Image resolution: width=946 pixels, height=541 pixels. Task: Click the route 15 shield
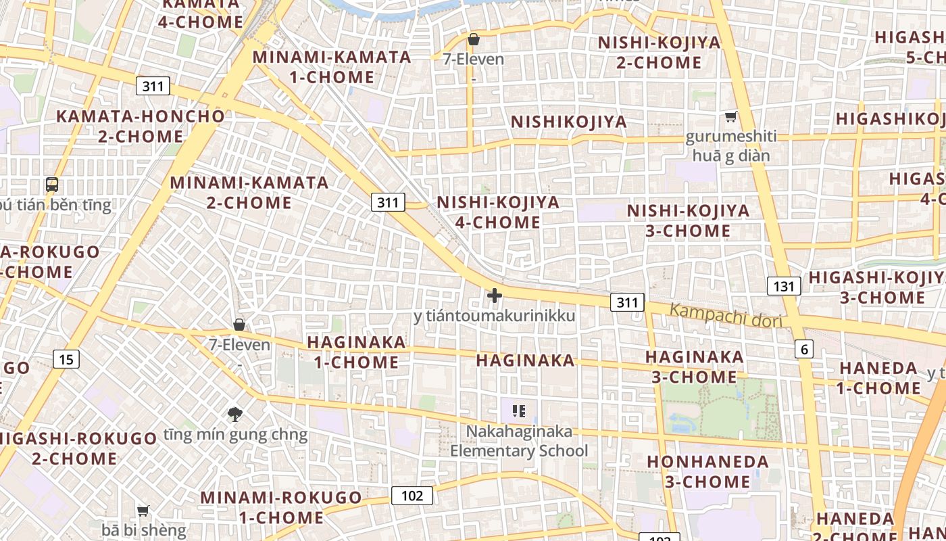click(66, 359)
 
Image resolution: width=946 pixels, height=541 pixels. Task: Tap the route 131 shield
click(783, 286)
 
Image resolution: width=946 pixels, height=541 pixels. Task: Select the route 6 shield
click(803, 349)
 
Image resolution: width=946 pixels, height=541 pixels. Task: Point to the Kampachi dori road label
click(726, 316)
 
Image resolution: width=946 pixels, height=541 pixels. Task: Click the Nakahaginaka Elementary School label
click(519, 441)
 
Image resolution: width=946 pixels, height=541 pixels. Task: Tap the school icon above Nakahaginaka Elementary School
click(519, 410)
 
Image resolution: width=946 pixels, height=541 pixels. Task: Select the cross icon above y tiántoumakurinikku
click(495, 296)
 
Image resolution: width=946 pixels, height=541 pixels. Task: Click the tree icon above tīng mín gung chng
click(235, 415)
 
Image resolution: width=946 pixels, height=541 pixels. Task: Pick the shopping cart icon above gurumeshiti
click(730, 117)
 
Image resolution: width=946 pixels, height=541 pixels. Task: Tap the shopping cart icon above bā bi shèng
click(143, 511)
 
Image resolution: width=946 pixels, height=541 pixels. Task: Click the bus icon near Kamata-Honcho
click(52, 184)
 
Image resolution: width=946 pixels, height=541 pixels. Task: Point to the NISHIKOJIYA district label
click(569, 122)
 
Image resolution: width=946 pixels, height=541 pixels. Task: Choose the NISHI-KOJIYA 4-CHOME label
click(498, 212)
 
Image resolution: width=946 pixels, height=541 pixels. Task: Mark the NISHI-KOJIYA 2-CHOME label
click(659, 53)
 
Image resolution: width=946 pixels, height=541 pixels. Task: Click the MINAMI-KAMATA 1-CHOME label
click(332, 67)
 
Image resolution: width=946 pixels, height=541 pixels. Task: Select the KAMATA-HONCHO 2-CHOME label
click(141, 126)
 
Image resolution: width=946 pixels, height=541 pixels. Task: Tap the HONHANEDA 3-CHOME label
click(707, 472)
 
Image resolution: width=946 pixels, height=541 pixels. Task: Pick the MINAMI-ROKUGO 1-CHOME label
click(281, 507)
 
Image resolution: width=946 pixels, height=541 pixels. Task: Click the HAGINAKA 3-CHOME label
click(694, 367)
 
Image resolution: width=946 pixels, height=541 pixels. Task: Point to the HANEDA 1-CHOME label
click(878, 378)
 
